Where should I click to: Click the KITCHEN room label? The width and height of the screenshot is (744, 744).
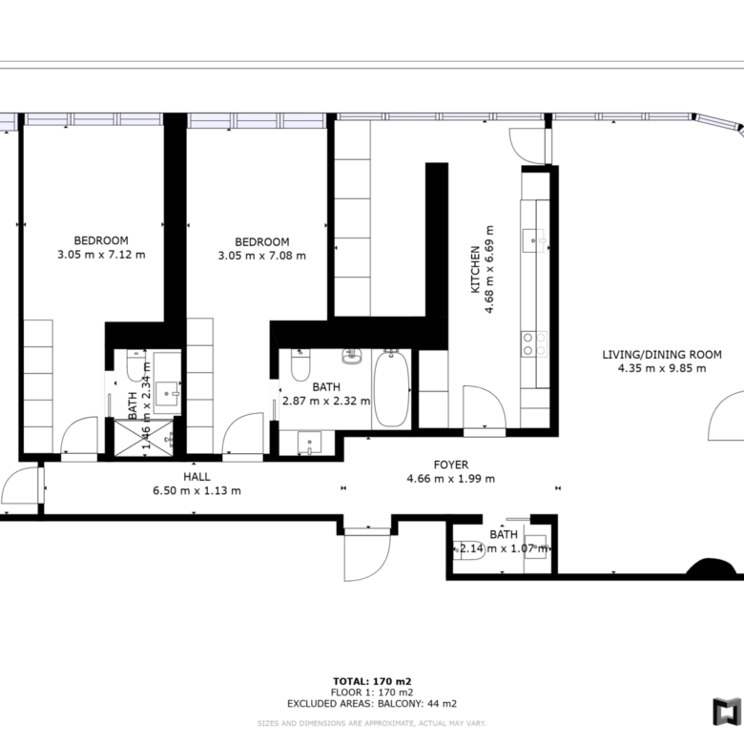tap(475, 270)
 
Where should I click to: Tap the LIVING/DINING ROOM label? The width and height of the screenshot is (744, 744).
tap(662, 355)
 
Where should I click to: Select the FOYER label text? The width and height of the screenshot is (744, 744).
tap(451, 465)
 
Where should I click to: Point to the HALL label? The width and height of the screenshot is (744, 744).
tap(196, 477)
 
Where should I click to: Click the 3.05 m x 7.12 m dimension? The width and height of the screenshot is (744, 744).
tap(101, 255)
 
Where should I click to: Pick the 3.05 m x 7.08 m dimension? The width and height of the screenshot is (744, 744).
tap(262, 256)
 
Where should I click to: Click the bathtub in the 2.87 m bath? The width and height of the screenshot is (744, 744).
tap(391, 388)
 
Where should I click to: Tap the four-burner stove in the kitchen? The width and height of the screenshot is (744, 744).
tap(534, 344)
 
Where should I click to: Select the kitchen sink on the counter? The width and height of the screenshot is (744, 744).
tap(534, 240)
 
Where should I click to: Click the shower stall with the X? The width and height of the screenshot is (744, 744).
tap(144, 438)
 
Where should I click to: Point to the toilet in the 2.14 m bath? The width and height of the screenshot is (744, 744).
tap(468, 550)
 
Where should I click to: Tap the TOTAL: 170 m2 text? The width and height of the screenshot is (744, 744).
tap(372, 682)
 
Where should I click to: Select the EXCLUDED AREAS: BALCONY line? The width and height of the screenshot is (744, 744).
tap(372, 704)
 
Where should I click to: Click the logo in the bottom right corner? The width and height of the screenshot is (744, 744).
tap(727, 712)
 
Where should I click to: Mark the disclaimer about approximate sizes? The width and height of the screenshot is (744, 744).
tap(372, 724)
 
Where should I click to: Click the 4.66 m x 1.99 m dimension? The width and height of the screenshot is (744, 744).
tap(451, 479)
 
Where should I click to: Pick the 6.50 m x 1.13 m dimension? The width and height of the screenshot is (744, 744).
tap(196, 490)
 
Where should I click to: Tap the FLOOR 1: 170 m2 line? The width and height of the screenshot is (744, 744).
tap(372, 692)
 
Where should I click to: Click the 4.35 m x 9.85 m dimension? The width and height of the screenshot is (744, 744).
tap(662, 368)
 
